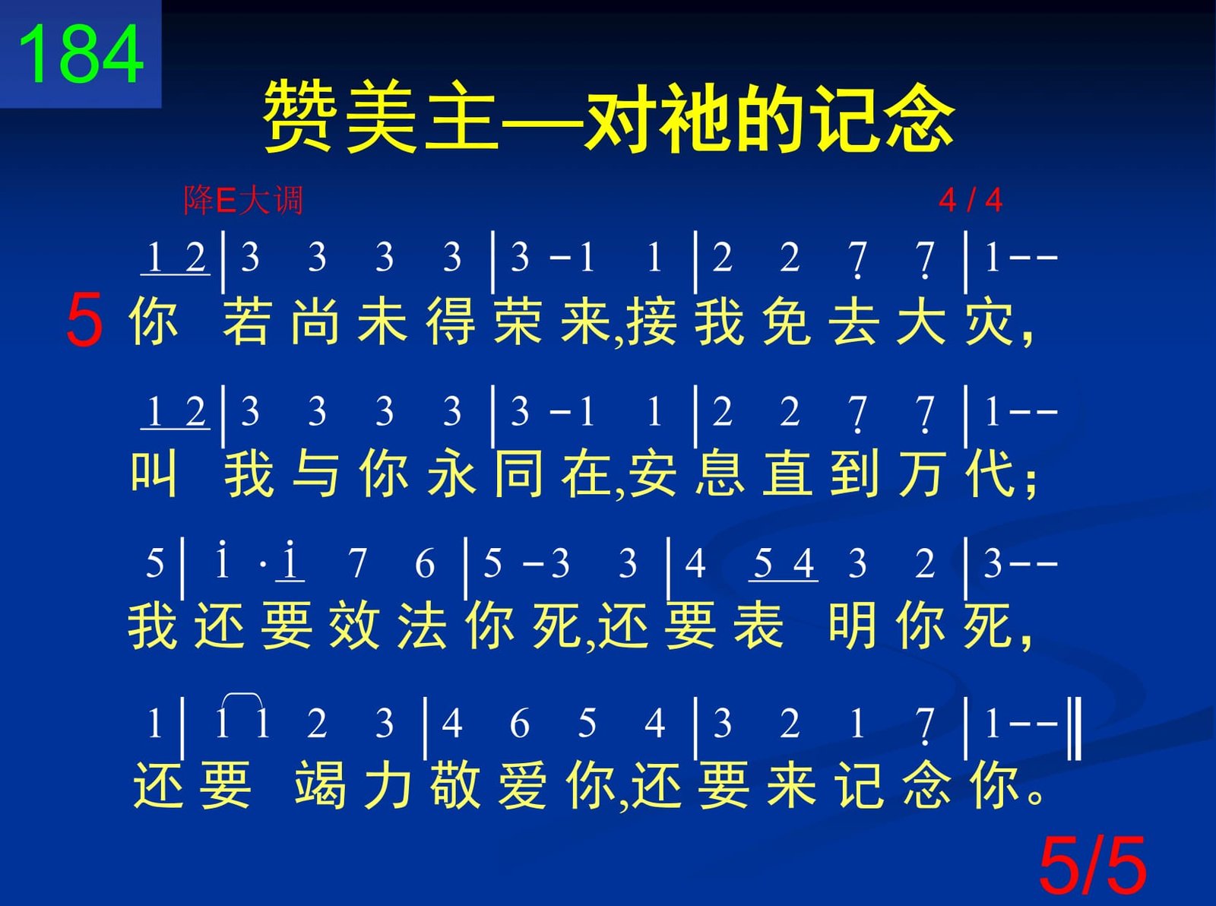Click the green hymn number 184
[81, 55]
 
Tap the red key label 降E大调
[243, 200]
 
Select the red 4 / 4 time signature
[971, 200]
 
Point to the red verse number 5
[84, 319]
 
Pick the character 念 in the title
[918, 117]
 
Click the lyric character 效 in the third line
[355, 627]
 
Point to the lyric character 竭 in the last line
[320, 785]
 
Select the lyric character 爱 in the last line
[523, 785]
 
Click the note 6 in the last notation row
[519, 723]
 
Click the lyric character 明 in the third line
[853, 627]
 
